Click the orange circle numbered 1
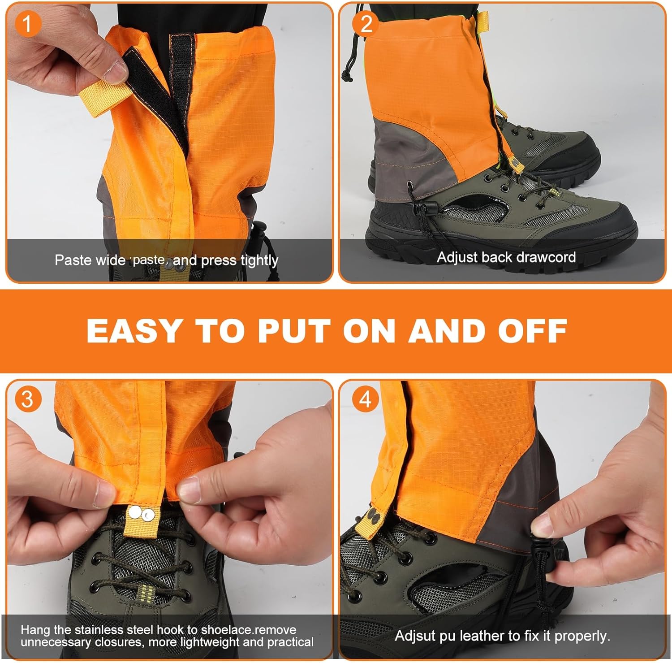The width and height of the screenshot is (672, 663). [x=28, y=24]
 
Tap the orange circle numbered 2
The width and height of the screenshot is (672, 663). [x=366, y=23]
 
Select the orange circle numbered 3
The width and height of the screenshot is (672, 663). [x=28, y=399]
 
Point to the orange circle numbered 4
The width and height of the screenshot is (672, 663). [x=366, y=399]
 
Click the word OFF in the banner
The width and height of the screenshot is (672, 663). [x=533, y=331]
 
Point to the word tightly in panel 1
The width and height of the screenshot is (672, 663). [x=259, y=260]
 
